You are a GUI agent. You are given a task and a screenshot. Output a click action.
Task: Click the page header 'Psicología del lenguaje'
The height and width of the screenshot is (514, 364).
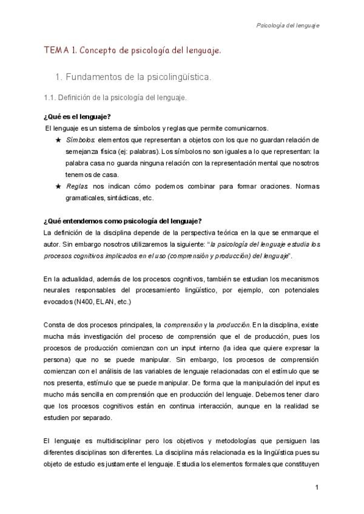coord(288,25)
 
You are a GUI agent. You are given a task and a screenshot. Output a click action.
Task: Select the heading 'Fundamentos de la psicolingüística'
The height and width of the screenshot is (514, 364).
coord(141,78)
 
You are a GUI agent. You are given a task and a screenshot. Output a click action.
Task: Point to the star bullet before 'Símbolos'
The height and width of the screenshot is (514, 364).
coord(58,140)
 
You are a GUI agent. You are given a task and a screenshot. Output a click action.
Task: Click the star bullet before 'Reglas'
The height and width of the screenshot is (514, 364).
coord(58,186)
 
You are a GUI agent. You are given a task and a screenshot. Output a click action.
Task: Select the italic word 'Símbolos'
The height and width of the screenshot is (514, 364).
coord(79,140)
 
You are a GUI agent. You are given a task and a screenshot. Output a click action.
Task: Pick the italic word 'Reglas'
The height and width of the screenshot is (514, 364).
coord(78,186)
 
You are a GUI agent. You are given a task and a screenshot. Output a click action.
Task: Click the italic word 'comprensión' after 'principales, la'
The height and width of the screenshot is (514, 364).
coord(183,324)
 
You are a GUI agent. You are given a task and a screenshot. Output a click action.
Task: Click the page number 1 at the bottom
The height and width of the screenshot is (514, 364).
coord(317,488)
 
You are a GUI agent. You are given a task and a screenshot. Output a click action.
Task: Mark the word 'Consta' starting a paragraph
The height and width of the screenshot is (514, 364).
coord(55,324)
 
